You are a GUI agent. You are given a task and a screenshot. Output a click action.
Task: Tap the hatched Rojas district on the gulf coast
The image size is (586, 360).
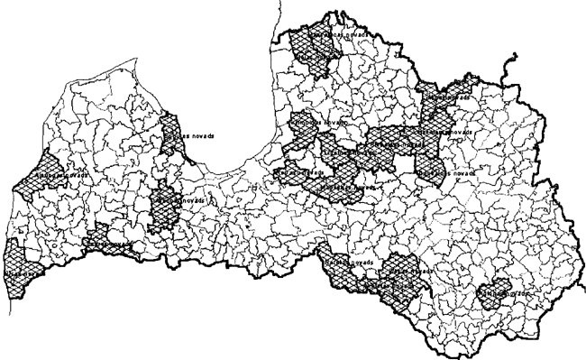click(172, 135)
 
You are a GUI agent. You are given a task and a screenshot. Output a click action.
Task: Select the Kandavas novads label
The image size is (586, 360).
click(181, 200)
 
